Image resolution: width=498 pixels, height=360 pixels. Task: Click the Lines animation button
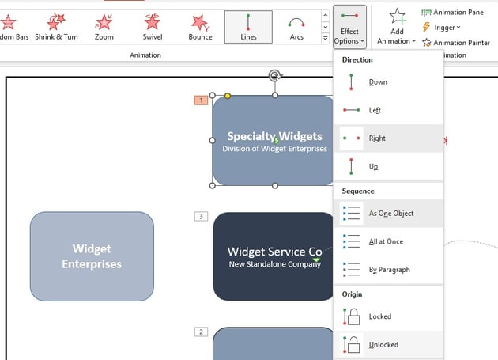point(248,26)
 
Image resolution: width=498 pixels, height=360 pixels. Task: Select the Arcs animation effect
point(296,26)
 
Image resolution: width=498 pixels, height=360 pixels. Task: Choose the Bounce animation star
point(201,26)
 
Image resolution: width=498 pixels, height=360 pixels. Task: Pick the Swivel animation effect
point(153,26)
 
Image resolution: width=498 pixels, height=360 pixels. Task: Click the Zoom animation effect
point(104,26)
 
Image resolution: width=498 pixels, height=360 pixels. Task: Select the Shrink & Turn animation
point(55,26)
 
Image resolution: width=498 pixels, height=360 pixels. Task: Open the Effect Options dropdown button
point(349,26)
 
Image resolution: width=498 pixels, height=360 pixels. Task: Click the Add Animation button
point(397,26)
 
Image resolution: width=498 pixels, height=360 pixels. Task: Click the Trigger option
point(443,27)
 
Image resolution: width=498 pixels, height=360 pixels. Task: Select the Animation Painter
point(456,43)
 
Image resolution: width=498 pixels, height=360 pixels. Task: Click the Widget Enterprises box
point(92,256)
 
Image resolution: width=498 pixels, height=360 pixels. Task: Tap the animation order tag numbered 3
point(201,216)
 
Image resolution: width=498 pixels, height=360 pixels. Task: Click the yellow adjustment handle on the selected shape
point(228,96)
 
